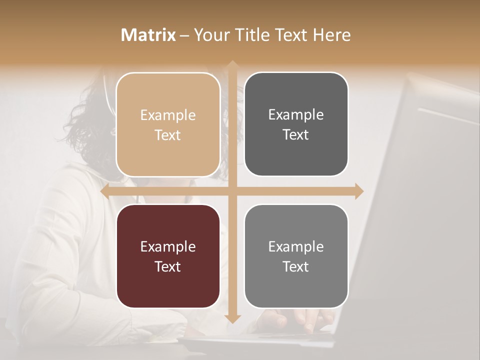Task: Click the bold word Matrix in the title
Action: click(x=148, y=35)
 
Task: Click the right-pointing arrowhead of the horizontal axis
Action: click(x=358, y=191)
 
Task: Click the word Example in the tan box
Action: click(x=168, y=115)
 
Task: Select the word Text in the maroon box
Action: click(x=168, y=266)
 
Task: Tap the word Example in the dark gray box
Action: click(x=296, y=114)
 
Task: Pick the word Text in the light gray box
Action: click(x=296, y=266)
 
